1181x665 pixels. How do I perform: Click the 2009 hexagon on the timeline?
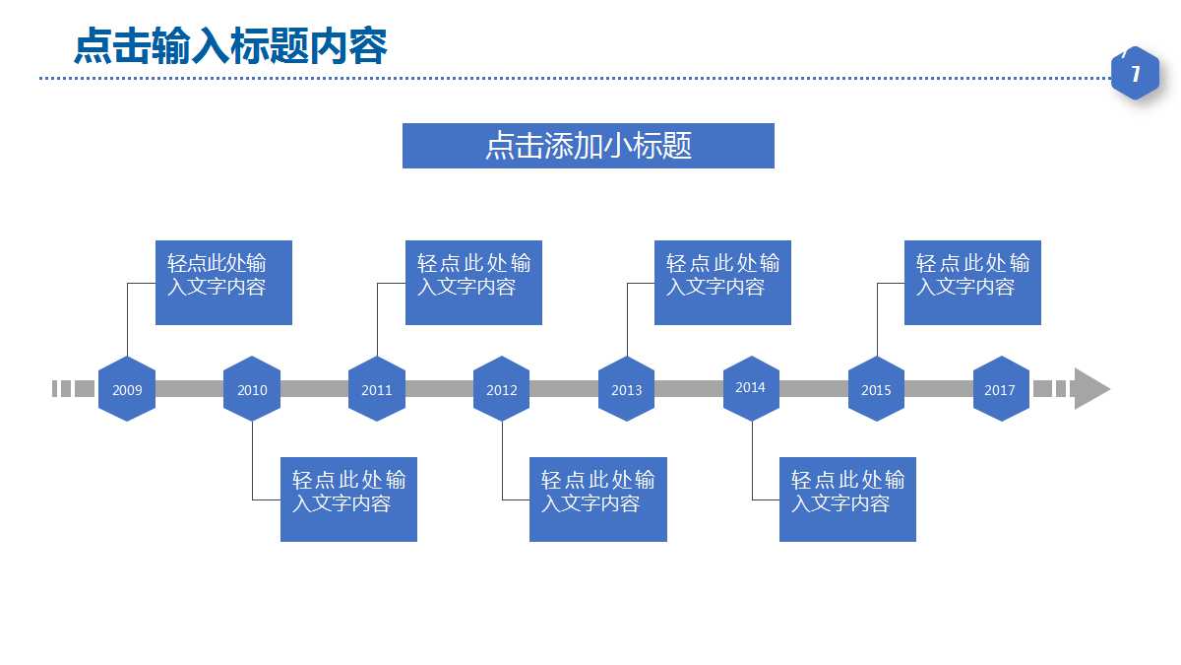[x=127, y=389]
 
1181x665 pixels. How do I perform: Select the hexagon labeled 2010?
[x=252, y=389]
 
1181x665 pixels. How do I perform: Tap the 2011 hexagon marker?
[x=377, y=389]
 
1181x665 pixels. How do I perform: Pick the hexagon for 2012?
[x=502, y=389]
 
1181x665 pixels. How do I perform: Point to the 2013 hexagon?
[x=627, y=389]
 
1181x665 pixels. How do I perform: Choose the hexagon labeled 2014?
[x=751, y=388]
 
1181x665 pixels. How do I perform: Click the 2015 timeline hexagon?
[x=876, y=389]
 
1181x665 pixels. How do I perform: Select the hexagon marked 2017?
[x=1000, y=389]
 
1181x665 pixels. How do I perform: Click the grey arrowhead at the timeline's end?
[x=1090, y=389]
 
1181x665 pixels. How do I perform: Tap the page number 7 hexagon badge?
[x=1135, y=74]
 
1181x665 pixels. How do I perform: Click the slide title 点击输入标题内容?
[x=231, y=46]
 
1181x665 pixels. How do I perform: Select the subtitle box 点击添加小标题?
[x=589, y=146]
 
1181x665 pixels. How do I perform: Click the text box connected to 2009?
[x=223, y=282]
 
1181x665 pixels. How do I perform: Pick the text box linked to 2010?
[x=348, y=499]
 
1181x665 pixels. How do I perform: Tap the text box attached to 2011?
[x=473, y=282]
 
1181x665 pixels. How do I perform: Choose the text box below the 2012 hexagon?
[x=598, y=499]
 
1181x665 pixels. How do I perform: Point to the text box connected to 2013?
[x=722, y=282]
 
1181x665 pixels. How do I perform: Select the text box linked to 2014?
[x=847, y=499]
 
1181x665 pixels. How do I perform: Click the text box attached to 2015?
[x=972, y=282]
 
